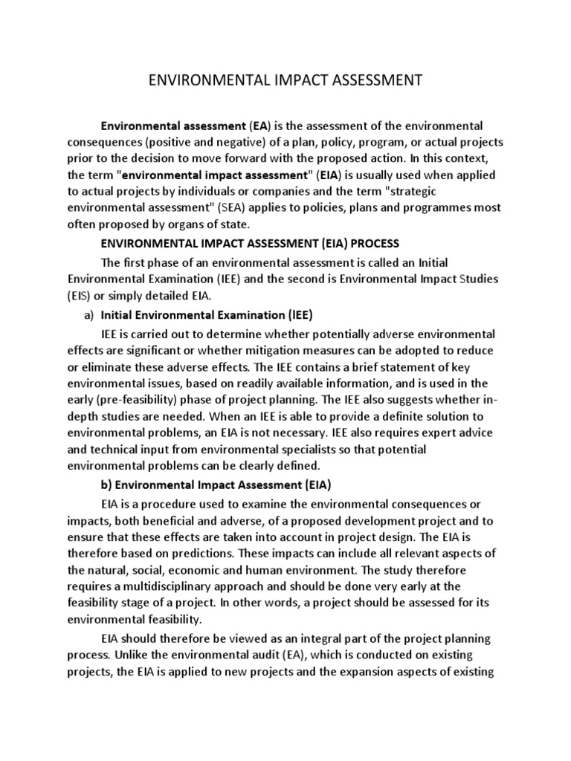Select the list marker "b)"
[108, 485]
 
